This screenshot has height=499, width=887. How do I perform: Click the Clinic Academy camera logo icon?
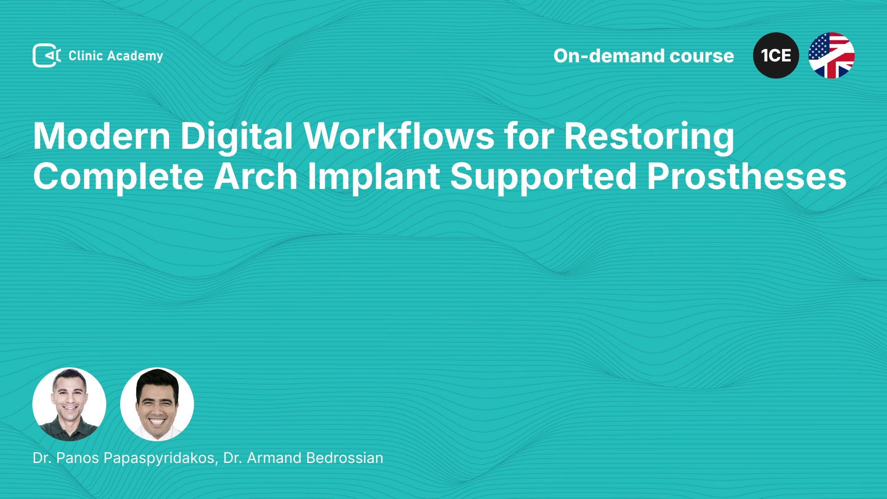(47, 55)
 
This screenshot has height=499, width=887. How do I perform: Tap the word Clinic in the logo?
(85, 56)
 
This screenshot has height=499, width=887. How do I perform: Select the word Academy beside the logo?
(135, 56)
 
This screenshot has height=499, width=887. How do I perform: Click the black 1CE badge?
(776, 55)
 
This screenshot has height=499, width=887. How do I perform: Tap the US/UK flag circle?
(832, 55)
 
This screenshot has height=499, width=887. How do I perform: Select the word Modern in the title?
(102, 136)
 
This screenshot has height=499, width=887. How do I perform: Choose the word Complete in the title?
(119, 177)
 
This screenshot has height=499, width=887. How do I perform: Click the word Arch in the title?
(256, 176)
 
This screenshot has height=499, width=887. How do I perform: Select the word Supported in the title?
(544, 177)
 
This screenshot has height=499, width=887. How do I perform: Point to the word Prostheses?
(747, 176)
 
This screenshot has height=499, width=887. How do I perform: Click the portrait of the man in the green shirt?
(69, 404)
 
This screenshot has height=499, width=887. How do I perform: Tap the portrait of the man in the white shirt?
(157, 404)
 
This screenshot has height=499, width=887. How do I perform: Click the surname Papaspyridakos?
(160, 458)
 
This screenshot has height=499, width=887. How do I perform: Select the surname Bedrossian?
(345, 458)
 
